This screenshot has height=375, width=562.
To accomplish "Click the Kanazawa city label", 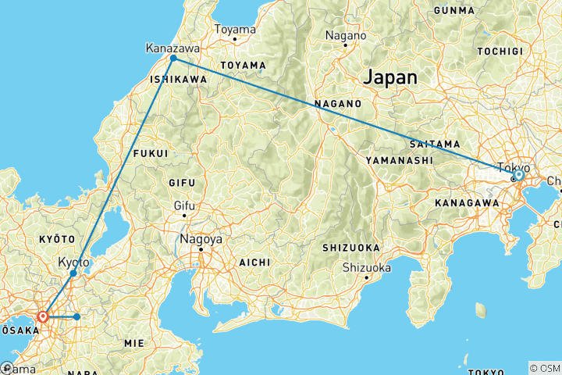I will tap(169, 48).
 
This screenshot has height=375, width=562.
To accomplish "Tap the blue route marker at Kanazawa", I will tap(173, 59).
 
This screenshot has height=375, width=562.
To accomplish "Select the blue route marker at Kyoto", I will tap(73, 273).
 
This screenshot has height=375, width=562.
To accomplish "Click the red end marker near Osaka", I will tap(43, 316).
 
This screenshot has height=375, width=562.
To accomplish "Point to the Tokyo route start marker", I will tap(518, 175).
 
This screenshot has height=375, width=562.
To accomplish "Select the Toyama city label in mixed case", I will tap(235, 30).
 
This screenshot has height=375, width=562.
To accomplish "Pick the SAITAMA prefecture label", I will tap(428, 143).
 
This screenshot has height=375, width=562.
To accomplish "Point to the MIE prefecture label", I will tap(133, 342).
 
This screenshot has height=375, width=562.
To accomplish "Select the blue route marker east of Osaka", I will tap(76, 316).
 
